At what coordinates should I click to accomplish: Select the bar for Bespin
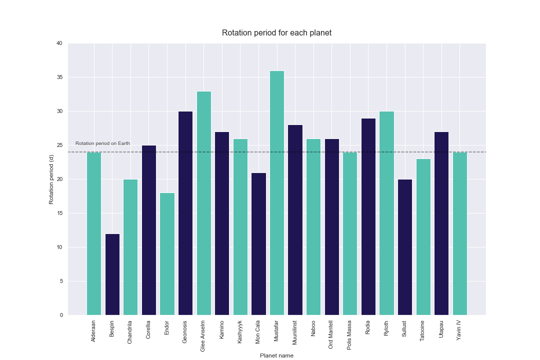coord(112,274)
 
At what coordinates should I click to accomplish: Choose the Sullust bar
coord(405,247)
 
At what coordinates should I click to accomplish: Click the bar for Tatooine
coord(423,237)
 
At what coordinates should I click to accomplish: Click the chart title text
coord(276,33)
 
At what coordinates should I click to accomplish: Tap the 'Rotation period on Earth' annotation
coord(102,143)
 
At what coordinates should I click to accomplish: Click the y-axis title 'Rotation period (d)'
coord(51,179)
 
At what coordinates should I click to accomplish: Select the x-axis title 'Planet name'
coord(276,355)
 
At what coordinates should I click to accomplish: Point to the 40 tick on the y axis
coord(59,43)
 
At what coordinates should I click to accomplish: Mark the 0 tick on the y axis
coord(60,315)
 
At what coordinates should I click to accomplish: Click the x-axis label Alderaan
coord(94,331)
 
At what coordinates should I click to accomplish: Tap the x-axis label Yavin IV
coord(459,330)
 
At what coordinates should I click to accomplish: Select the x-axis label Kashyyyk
coord(240,331)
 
